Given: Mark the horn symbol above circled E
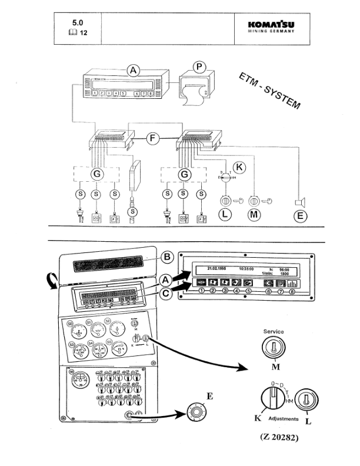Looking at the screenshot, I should coord(299,203).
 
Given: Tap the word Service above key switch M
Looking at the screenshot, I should coord(272,332).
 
